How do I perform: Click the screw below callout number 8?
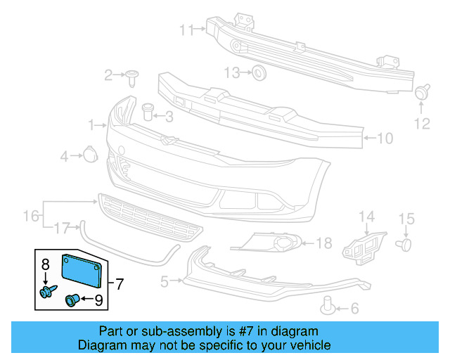pos(48,290)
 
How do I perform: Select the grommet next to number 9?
pos(72,300)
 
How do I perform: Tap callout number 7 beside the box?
pos(120,284)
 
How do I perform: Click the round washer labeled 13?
pos(258,72)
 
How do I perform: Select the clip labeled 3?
pos(148,111)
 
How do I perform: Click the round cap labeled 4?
pos(90,154)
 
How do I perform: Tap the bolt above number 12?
pos(423,91)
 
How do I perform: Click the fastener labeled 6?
pos(327,304)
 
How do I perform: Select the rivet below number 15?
pos(404,244)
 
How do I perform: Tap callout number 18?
pos(323,244)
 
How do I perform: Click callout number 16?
pos(31,214)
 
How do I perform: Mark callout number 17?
pos(63,228)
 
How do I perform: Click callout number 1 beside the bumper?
pos(91,125)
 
